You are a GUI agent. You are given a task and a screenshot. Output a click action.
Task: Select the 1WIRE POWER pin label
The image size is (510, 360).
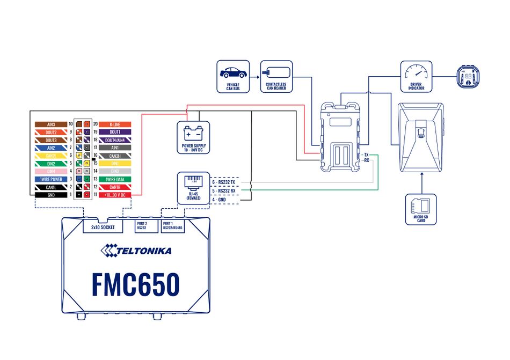(51, 179)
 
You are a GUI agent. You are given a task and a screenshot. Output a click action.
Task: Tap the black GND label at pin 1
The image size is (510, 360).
(51, 194)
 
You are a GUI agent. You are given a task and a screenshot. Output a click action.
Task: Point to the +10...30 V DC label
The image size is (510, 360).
(114, 194)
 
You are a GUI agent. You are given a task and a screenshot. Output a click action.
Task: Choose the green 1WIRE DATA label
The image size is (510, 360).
(114, 179)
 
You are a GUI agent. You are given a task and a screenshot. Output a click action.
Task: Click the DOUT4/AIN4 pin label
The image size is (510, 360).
(114, 139)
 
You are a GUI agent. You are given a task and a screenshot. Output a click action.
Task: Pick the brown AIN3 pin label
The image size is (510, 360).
(51, 124)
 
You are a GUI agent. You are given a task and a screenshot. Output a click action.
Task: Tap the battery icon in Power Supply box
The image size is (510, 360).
(193, 132)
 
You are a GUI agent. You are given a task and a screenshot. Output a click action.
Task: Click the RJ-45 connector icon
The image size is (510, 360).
(193, 182)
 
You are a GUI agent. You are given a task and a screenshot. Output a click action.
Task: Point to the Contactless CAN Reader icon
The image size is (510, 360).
(276, 71)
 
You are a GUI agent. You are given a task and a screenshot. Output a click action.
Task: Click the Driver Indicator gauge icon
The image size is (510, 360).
(416, 72)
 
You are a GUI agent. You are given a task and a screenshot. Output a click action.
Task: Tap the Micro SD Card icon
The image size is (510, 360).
(421, 205)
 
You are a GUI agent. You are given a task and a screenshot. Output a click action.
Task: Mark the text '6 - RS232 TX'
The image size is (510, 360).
(224, 182)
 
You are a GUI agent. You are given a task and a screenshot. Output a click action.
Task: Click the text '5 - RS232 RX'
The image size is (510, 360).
(224, 190)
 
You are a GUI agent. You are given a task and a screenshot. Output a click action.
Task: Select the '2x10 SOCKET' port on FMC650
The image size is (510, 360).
(104, 227)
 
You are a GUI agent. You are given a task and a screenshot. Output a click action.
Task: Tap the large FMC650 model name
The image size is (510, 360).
(135, 284)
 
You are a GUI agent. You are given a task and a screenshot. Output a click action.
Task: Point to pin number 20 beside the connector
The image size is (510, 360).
(94, 124)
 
